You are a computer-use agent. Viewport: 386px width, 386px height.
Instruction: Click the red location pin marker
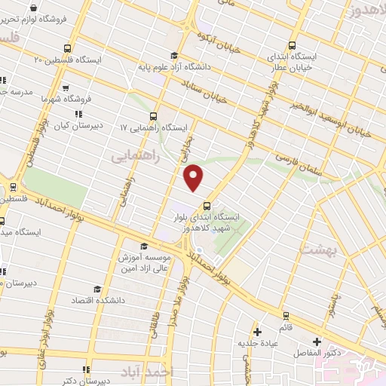point(195,177)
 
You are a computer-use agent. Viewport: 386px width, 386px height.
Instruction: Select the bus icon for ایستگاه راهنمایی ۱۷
point(154,116)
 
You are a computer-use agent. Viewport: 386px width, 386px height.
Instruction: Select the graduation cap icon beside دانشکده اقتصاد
point(96,289)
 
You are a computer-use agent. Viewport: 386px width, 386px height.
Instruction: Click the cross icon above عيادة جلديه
point(258,331)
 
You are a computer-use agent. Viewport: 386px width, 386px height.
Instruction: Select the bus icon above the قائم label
point(285,316)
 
